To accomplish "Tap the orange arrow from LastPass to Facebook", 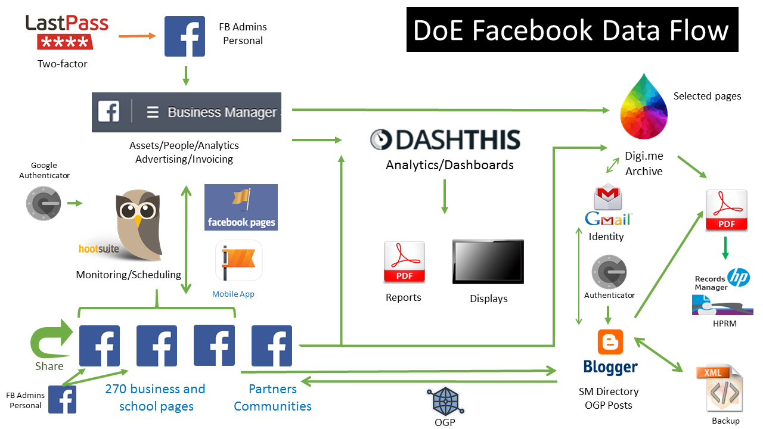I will (137, 36).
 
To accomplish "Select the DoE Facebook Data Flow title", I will (572, 30).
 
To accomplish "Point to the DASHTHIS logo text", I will (445, 139).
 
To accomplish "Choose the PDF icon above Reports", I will (404, 262).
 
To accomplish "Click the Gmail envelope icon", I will (608, 198).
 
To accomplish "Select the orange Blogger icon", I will (610, 342).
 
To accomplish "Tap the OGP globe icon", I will (445, 400).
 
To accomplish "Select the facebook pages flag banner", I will (241, 207).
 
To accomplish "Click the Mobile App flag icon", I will (238, 260).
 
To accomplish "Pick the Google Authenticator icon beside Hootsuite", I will (43, 203).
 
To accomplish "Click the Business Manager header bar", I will (186, 112).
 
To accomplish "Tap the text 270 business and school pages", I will (156, 397).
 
